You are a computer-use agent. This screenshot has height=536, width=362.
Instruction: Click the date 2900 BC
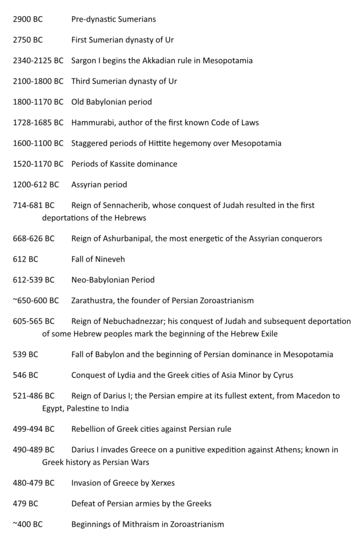(28, 19)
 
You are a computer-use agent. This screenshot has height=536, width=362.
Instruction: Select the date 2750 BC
(28, 40)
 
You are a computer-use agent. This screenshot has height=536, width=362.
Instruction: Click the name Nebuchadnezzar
(135, 321)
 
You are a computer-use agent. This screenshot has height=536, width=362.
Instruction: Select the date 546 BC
(26, 375)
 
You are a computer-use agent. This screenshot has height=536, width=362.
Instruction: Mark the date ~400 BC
(28, 524)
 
